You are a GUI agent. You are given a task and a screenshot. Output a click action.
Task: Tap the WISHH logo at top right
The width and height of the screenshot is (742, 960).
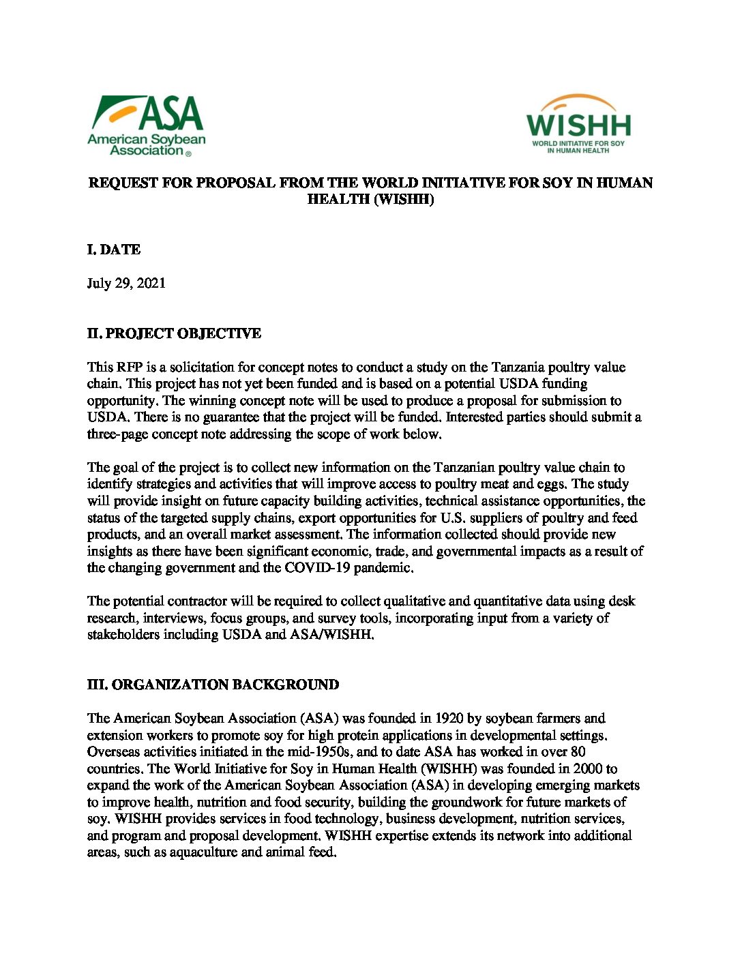[578, 124]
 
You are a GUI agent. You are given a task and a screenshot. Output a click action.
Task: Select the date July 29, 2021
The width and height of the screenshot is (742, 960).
[126, 284]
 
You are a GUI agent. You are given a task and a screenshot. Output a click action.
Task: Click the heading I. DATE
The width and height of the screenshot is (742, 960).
[114, 250]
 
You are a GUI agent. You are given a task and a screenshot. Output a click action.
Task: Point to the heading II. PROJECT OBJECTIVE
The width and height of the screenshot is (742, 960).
[174, 334]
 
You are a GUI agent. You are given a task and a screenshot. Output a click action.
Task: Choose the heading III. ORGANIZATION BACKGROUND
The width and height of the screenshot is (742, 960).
[213, 685]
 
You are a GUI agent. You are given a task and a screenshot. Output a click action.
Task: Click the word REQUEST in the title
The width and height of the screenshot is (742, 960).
[123, 183]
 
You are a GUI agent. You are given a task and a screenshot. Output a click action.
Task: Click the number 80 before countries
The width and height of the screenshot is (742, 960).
[577, 752]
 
